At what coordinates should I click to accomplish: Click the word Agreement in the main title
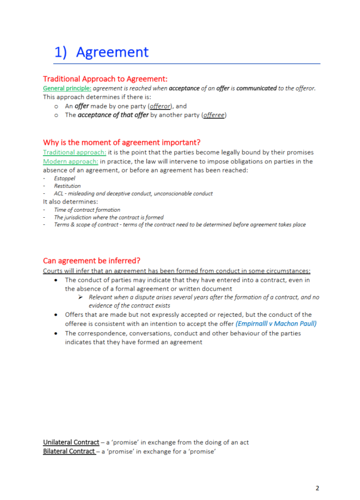[x=112, y=52]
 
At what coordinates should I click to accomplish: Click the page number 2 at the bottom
[x=317, y=487]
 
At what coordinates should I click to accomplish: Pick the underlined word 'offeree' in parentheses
[x=214, y=115]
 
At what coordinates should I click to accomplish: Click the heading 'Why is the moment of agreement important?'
[x=121, y=143]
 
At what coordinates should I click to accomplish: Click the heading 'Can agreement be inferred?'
[x=92, y=261]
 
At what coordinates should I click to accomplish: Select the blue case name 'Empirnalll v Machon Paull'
[x=276, y=323]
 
